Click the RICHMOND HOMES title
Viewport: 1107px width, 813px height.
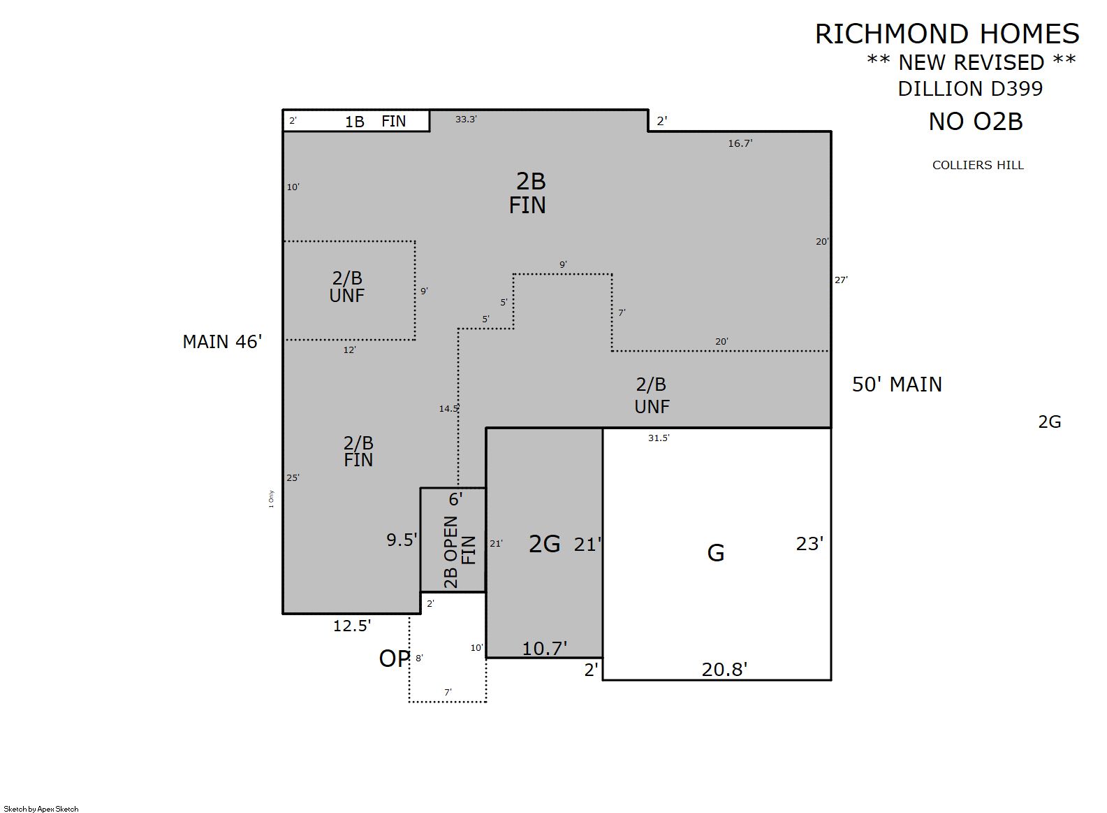pos(947,34)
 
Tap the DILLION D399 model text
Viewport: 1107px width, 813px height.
pos(970,89)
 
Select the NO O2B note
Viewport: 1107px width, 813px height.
pos(976,122)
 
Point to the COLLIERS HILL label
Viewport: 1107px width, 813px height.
pos(978,165)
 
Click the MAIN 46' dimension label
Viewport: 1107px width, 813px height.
pos(222,342)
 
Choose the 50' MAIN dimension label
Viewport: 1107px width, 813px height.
pos(897,384)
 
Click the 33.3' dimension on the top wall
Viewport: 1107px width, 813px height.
pos(466,119)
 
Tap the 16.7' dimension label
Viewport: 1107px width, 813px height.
pos(740,143)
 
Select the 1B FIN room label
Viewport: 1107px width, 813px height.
pos(375,121)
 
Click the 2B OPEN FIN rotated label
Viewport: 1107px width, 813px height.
pos(459,552)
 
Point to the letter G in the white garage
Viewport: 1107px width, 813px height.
pos(716,554)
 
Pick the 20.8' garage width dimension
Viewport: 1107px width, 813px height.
pos(724,670)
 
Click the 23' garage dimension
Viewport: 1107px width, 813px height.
pos(809,544)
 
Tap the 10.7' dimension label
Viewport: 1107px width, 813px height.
pos(545,649)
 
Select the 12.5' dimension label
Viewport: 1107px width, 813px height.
pos(352,626)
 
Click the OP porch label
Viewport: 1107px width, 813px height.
pos(395,659)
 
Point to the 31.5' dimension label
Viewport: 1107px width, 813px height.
pos(659,438)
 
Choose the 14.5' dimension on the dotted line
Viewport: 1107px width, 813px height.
pos(449,408)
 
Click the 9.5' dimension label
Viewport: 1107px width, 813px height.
pos(402,540)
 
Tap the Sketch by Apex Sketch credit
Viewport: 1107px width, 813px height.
pos(41,809)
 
